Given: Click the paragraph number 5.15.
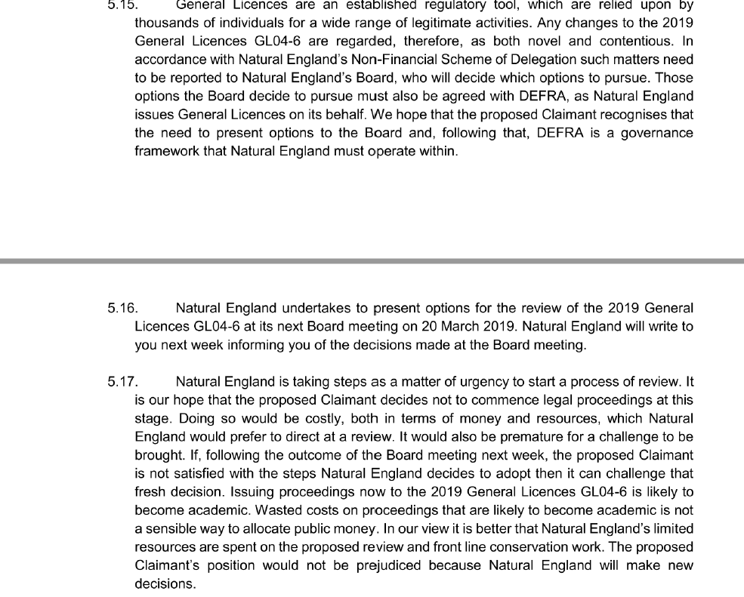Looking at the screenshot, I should click(120, 5).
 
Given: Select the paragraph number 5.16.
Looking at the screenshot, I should click(122, 308).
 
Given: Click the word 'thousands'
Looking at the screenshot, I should click(165, 23).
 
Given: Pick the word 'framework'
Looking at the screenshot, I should click(165, 151).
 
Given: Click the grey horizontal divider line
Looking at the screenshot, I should click(372, 261).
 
